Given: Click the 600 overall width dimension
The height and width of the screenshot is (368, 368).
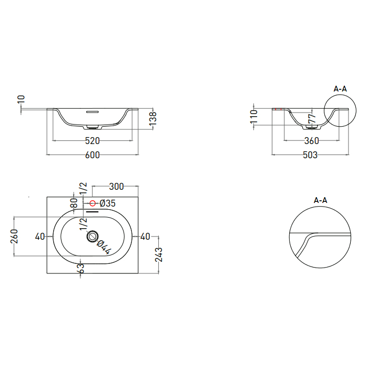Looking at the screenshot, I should (93, 155).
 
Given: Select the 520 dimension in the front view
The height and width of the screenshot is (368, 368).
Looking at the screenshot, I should (93, 141).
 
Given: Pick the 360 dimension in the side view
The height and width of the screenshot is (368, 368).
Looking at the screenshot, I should (311, 141).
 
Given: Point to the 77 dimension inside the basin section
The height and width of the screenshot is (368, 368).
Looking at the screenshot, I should (311, 120).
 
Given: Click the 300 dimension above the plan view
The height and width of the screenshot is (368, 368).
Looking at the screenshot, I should (116, 187).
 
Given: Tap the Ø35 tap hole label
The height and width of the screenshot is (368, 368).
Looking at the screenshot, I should (107, 203).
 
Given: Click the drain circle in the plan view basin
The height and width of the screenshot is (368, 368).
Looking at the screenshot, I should (93, 237).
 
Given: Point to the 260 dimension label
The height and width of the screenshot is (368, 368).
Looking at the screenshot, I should (15, 237).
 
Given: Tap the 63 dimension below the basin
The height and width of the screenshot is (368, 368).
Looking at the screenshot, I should (80, 268).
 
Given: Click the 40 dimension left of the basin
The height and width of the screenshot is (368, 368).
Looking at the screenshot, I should (40, 237).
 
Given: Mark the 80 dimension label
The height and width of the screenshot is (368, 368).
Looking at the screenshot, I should (74, 202).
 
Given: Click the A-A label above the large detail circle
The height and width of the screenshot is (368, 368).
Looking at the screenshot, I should (320, 200).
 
